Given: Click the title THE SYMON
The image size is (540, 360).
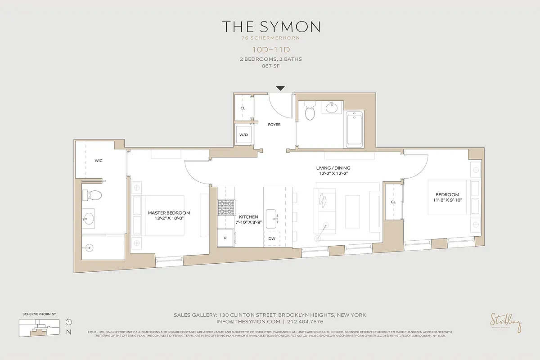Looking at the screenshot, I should point(270,27).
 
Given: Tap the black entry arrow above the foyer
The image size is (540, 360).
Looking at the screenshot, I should point(280,89).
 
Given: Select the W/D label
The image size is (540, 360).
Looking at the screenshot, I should point(243,135).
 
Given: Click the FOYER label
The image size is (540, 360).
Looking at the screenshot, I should point(274,125).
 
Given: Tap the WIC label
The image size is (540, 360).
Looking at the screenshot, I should point(99,161).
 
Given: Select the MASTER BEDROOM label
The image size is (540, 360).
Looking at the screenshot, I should point(169,213).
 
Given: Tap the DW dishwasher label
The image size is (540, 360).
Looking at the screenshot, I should point(272,239).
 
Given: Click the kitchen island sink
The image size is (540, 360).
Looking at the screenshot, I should point(272,219).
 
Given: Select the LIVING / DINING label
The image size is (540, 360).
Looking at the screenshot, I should point(333,168).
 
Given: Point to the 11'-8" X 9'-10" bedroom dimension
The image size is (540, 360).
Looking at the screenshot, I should point(447,200).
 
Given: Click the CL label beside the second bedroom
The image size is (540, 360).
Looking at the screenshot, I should point(393,202).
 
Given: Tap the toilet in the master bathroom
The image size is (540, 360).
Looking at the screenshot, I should point(92,195).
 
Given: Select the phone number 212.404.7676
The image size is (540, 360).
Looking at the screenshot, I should point(305,322).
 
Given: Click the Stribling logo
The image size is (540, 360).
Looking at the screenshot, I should point(506,323).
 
